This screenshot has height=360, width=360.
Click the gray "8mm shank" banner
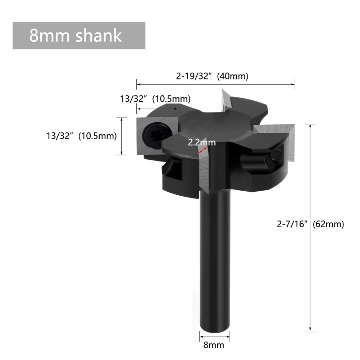[x=79, y=36]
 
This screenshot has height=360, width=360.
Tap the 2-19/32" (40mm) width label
[x=212, y=76]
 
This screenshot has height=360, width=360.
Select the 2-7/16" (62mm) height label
[x=310, y=224]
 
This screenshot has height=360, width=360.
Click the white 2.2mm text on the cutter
[x=202, y=142]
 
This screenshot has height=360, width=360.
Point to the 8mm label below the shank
[x=214, y=345]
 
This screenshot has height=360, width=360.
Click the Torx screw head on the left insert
[x=155, y=136]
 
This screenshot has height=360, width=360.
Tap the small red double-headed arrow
[x=203, y=150]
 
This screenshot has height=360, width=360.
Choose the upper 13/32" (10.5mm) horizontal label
[x=155, y=99]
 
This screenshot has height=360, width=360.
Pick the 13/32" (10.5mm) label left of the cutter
[x=82, y=136]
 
